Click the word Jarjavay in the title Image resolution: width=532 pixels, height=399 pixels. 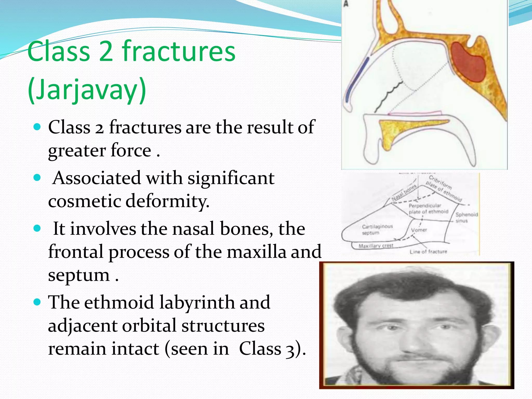click(87, 90)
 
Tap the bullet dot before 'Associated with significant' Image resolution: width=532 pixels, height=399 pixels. click(38, 178)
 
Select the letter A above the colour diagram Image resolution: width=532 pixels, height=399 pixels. click(346, 4)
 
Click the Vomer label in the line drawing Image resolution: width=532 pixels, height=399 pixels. click(419, 230)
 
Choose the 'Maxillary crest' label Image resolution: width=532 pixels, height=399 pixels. click(376, 246)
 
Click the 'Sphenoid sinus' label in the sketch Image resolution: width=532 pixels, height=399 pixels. click(467, 217)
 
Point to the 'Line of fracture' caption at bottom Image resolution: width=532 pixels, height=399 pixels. click(428, 251)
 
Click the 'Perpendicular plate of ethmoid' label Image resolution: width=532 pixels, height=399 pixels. click(428, 209)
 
